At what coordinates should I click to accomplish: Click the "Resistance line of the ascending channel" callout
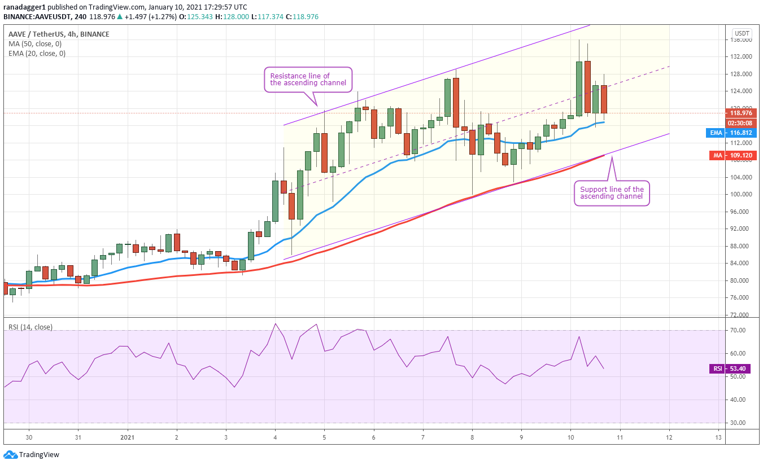(x=308, y=80)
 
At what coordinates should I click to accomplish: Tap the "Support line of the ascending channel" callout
(x=612, y=193)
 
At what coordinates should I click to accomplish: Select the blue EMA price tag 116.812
(x=731, y=133)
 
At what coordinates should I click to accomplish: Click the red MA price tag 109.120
(x=733, y=156)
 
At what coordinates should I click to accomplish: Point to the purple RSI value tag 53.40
(x=733, y=369)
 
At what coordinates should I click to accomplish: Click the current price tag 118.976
(x=741, y=113)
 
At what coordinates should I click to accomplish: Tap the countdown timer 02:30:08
(x=741, y=123)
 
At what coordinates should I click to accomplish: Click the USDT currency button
(x=742, y=33)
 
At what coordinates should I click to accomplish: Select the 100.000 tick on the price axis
(x=739, y=194)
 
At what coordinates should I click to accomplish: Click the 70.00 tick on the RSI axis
(x=738, y=330)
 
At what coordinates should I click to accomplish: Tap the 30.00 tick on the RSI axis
(x=738, y=423)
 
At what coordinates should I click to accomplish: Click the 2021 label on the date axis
(x=128, y=437)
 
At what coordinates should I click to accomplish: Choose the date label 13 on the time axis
(x=718, y=437)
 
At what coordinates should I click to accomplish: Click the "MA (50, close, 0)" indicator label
(x=35, y=44)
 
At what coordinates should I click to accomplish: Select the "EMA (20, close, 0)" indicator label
(x=37, y=54)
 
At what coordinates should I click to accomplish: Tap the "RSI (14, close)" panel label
(x=30, y=327)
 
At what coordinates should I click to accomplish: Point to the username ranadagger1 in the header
(x=24, y=7)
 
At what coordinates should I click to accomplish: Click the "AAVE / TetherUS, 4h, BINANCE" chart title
(x=59, y=34)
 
